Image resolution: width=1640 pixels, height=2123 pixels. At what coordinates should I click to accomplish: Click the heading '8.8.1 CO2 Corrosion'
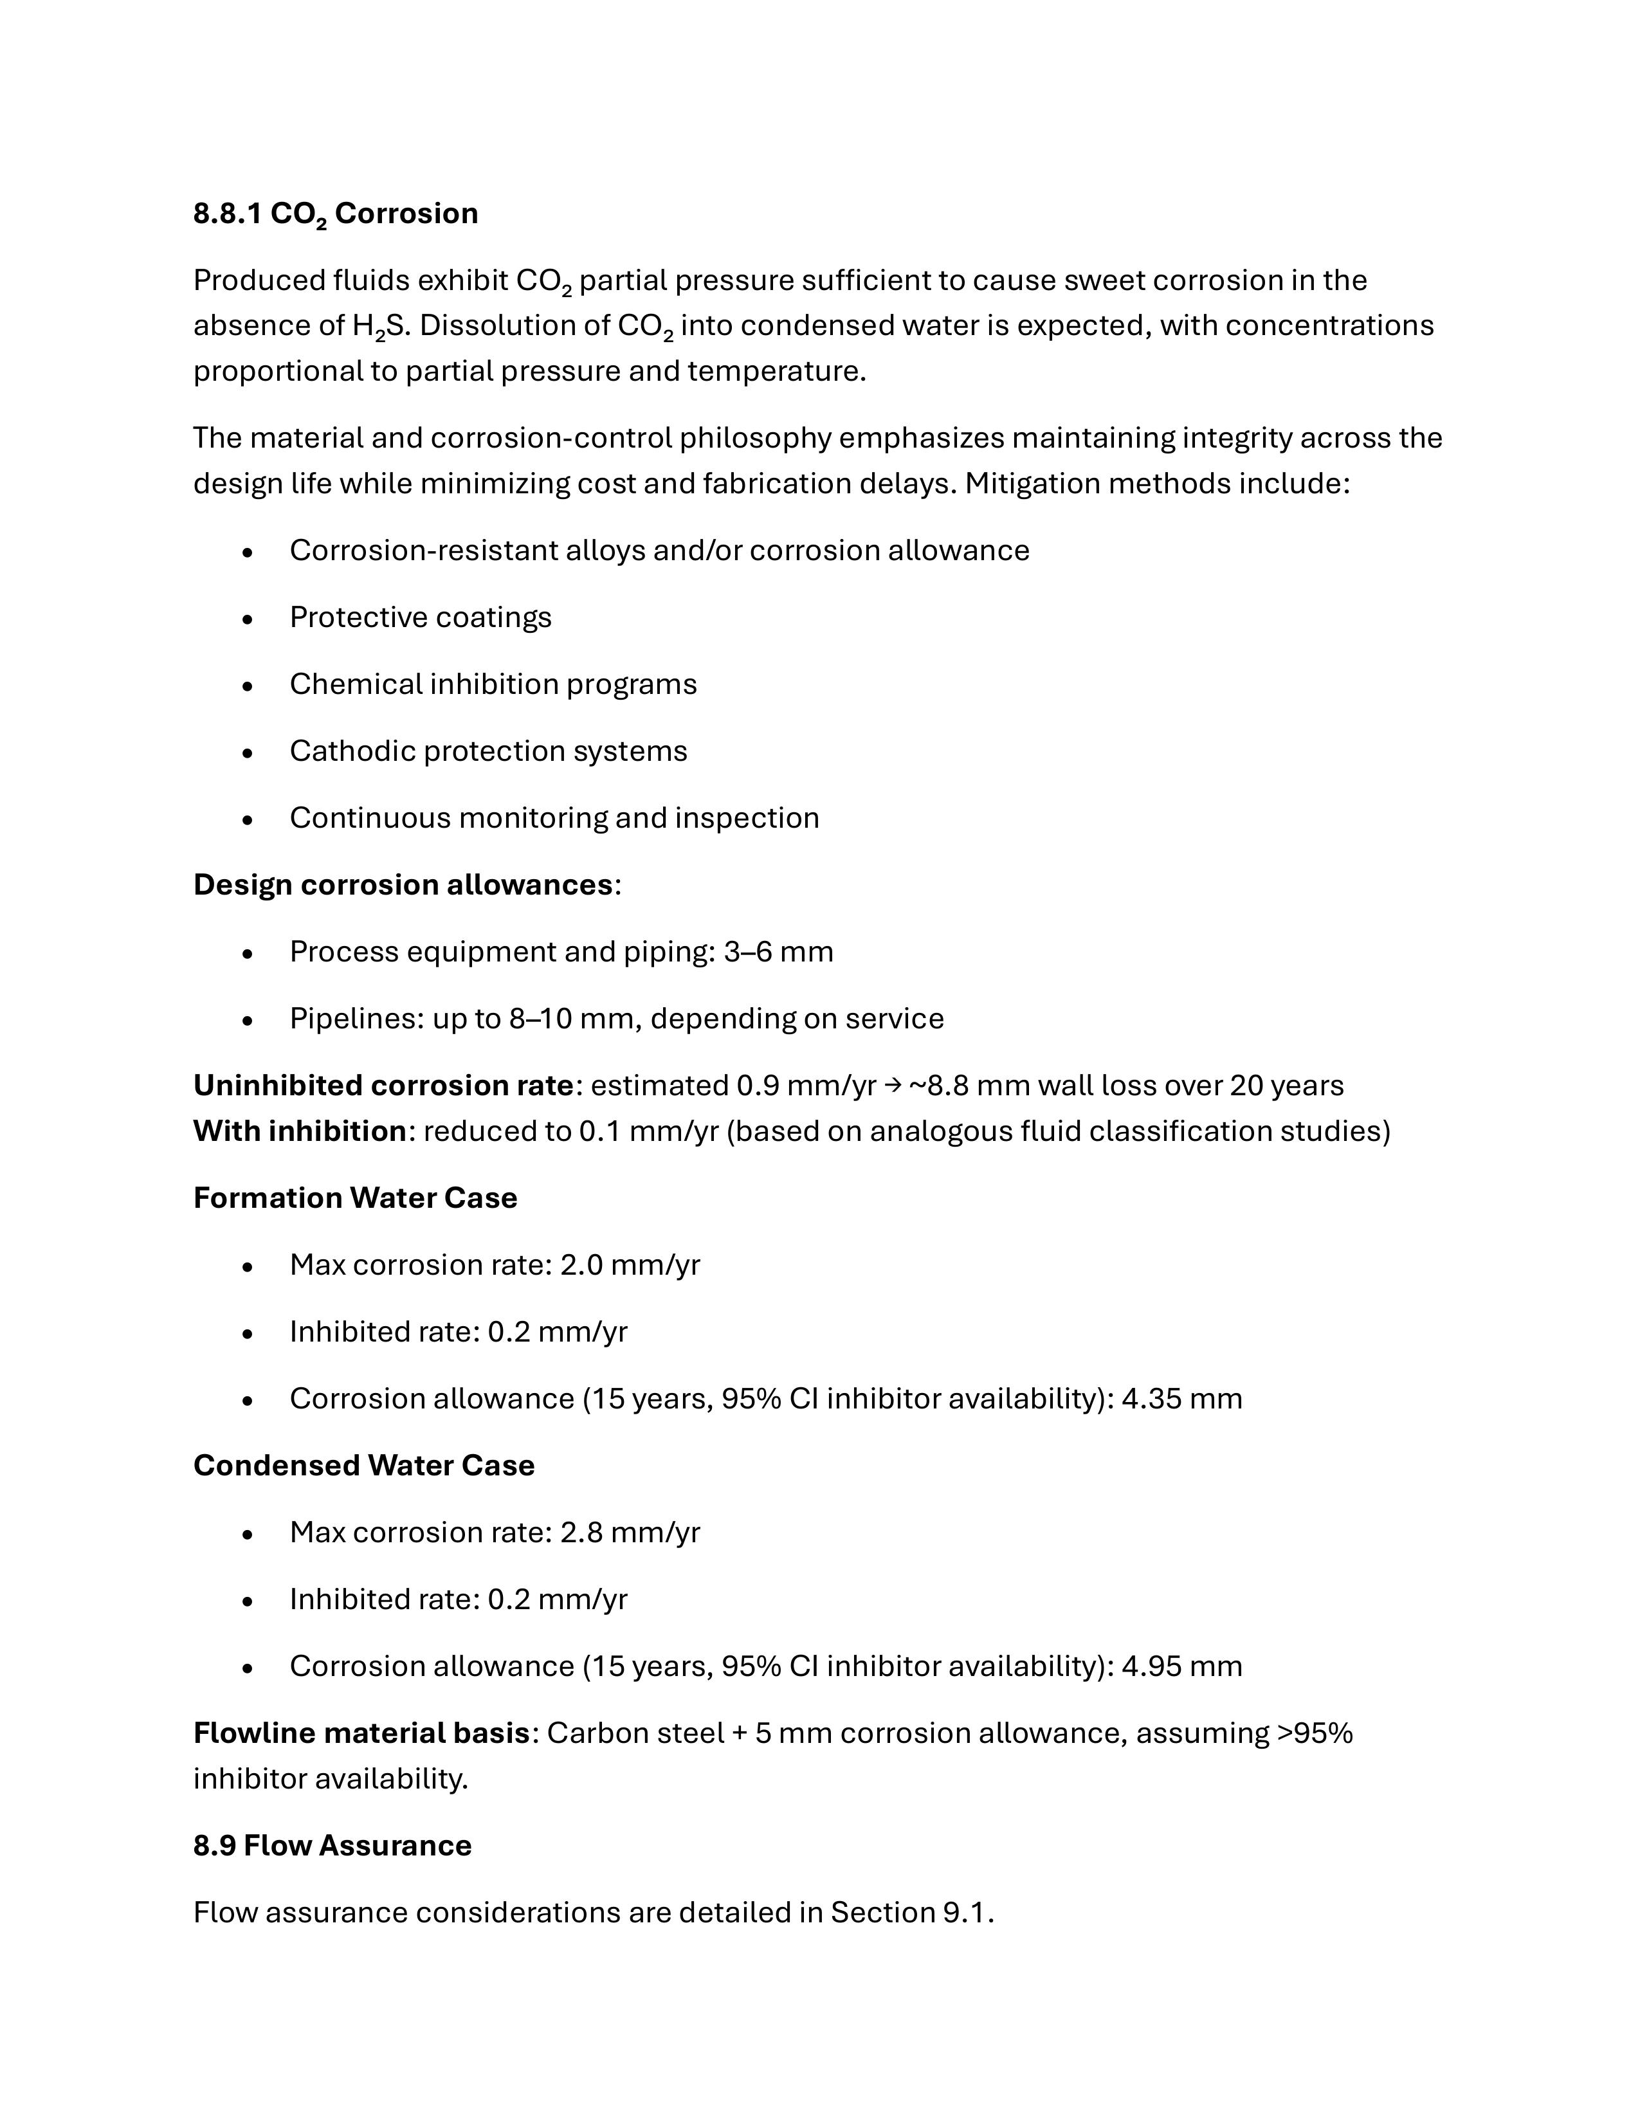(x=335, y=214)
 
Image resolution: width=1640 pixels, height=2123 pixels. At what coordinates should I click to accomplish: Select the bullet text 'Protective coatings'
(x=420, y=617)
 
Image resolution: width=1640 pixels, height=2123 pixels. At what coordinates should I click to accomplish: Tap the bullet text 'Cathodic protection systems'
(x=488, y=751)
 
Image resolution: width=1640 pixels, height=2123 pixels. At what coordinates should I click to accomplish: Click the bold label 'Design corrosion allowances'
(x=403, y=884)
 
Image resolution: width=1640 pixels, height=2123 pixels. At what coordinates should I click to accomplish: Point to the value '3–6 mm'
(x=778, y=952)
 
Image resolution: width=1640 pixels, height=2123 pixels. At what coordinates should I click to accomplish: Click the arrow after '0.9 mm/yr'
(x=893, y=1085)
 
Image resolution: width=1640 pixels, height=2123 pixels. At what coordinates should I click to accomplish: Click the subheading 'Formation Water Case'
(x=355, y=1198)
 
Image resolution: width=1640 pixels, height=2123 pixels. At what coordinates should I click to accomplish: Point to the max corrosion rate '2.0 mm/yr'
(x=630, y=1264)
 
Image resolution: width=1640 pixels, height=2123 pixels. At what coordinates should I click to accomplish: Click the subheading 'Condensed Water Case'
(x=363, y=1465)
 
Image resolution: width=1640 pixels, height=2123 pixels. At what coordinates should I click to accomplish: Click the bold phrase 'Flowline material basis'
(x=361, y=1733)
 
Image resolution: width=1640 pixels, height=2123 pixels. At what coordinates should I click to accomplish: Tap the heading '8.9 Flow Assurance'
(x=333, y=1846)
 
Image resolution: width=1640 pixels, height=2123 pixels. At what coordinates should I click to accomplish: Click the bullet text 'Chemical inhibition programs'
(x=493, y=684)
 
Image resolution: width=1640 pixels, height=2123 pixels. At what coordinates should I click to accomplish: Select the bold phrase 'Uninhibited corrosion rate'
(x=383, y=1085)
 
